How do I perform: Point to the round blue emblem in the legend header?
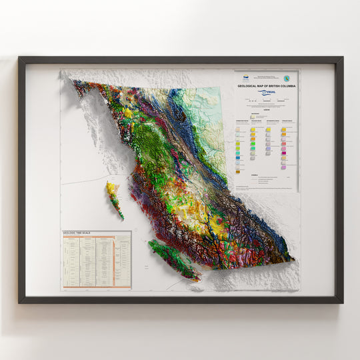tap(287, 76)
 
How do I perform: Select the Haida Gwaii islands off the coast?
tap(115, 199)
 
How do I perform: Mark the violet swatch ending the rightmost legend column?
tap(283, 167)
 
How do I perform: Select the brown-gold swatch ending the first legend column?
tap(238, 163)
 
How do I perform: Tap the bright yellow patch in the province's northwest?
tap(127, 113)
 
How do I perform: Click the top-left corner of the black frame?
tap(20, 58)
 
